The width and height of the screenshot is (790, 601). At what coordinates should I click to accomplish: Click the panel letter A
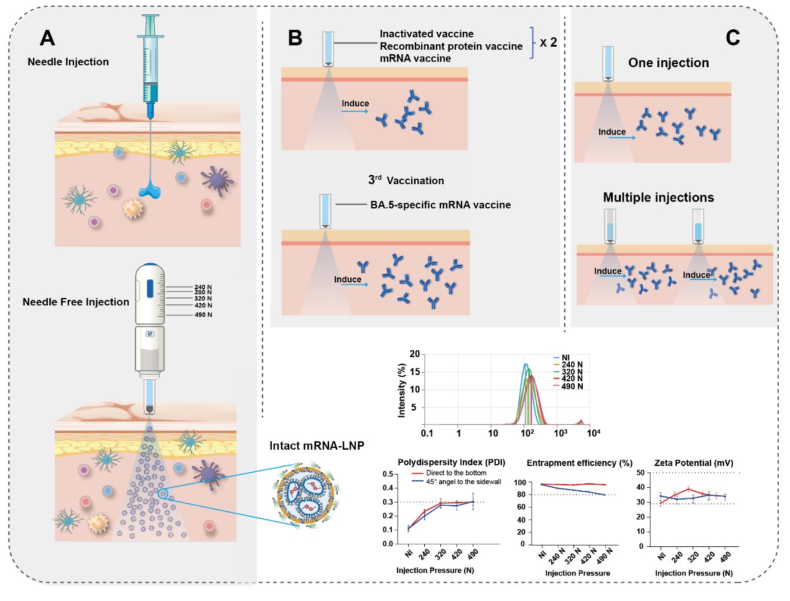[x=47, y=39]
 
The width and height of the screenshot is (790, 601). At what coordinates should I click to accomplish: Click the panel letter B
[x=295, y=39]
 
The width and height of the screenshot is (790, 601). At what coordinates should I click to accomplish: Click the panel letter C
[x=733, y=38]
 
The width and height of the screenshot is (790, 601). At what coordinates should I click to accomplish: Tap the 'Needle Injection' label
[x=68, y=62]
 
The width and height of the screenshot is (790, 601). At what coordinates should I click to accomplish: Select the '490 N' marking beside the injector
[x=203, y=315]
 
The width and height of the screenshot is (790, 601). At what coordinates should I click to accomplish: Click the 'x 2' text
[x=548, y=42]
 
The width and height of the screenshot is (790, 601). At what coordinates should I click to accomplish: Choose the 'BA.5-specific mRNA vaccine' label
[x=440, y=205]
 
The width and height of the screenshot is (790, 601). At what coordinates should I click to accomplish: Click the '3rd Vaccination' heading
[x=406, y=180]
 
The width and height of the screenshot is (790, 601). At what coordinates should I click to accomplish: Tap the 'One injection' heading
[x=668, y=63]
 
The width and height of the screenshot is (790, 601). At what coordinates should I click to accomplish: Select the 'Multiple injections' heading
[x=658, y=197]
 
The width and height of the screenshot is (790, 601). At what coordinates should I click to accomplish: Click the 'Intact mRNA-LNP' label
[x=317, y=445]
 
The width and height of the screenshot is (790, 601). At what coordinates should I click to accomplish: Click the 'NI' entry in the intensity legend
[x=565, y=358]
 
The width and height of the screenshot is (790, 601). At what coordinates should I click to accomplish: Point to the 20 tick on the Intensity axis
[x=414, y=354]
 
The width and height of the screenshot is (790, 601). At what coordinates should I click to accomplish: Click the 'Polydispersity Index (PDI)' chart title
[x=451, y=462]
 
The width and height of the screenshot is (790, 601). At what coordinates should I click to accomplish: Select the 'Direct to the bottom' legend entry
[x=456, y=473]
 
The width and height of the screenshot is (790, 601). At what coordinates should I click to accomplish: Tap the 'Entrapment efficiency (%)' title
[x=579, y=463]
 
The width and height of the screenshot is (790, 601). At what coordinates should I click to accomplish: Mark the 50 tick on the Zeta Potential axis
[x=641, y=473]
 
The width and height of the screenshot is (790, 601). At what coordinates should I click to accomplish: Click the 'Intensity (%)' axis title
[x=402, y=389]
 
